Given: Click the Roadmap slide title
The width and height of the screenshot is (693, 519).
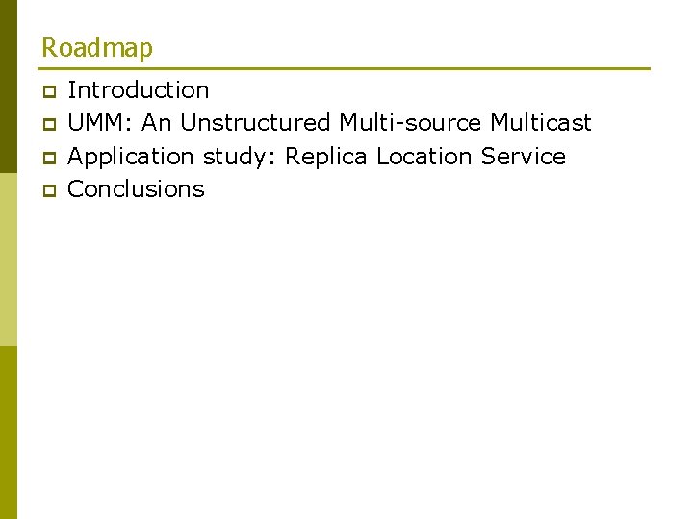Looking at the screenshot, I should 96,47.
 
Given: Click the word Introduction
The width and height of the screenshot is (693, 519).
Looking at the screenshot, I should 139,90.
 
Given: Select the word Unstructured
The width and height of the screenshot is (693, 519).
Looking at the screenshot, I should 254,123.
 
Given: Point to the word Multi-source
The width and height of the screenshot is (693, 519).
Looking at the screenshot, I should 410,123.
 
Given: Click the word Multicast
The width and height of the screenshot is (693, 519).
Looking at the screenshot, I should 541,123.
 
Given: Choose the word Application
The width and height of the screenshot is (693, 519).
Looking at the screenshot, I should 131,157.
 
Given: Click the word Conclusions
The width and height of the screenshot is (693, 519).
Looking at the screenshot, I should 136,188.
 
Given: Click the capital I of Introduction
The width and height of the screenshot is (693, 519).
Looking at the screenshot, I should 71,90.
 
